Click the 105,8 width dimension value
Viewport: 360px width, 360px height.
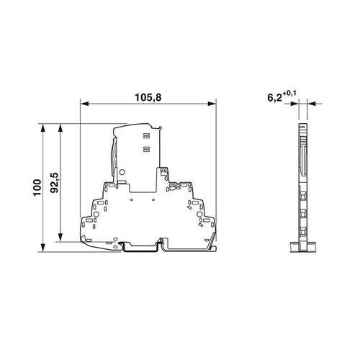click(148, 98)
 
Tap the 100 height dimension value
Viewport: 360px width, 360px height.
click(37, 187)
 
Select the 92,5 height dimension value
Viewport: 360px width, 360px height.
click(55, 183)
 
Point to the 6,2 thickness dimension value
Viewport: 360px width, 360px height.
click(274, 98)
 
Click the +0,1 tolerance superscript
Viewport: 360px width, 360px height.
click(289, 94)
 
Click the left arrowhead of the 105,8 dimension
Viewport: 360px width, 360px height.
click(84, 104)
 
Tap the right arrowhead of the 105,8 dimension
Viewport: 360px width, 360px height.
click(212, 104)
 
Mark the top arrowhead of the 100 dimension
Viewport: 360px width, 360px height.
click(43, 128)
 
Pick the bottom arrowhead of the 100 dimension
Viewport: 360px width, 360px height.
click(43, 248)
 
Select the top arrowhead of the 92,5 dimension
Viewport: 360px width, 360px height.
click(60, 128)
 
